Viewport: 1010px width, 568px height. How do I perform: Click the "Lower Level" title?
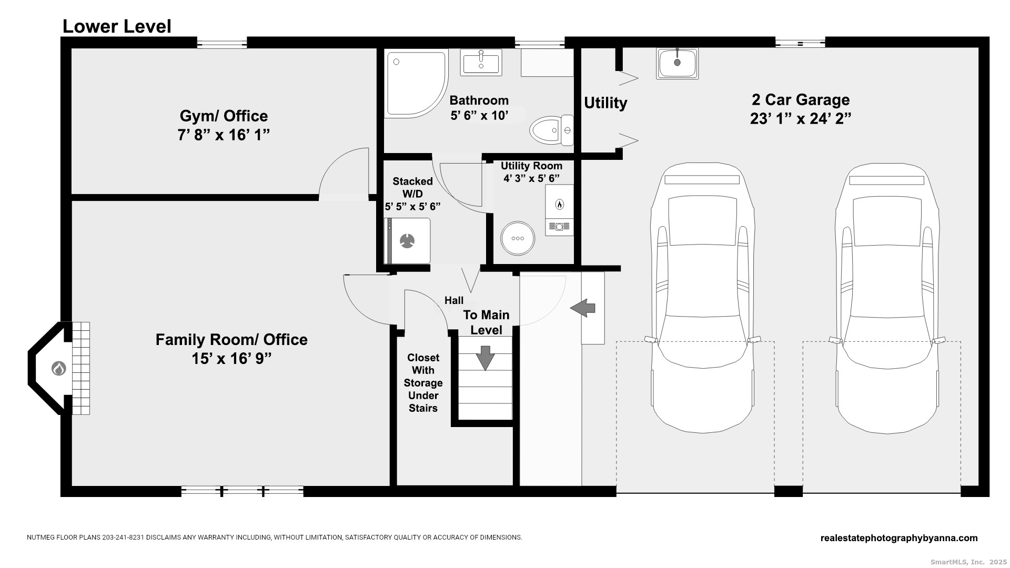[x=117, y=26]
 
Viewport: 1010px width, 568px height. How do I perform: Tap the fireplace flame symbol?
[x=58, y=369]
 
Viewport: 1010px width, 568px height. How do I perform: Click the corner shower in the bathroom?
[x=417, y=83]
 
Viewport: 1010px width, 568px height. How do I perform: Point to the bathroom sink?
[x=481, y=63]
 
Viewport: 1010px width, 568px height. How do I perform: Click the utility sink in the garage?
[x=677, y=63]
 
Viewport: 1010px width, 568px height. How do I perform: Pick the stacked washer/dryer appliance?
[x=408, y=241]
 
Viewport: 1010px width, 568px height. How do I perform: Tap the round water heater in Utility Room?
[x=518, y=238]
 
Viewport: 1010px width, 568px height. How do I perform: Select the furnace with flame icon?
[x=559, y=210]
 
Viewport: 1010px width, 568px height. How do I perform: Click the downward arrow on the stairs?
[x=485, y=358]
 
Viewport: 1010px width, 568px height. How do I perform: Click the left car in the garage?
[x=702, y=298]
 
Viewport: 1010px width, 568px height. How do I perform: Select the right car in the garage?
[x=887, y=298]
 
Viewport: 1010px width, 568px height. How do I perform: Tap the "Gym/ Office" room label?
[x=224, y=116]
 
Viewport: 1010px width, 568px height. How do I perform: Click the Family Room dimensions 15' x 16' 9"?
[x=231, y=359]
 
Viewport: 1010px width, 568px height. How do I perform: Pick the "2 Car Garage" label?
[x=801, y=100]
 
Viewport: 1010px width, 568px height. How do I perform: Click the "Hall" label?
[x=454, y=300]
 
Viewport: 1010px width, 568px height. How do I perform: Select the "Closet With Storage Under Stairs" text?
[x=423, y=383]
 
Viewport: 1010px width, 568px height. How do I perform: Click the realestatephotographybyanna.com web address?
[x=899, y=538]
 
